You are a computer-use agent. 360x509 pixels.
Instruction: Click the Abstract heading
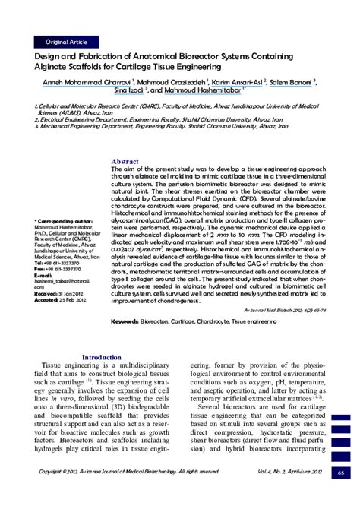tap(125, 162)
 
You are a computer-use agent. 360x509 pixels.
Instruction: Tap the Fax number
tap(63, 248)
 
